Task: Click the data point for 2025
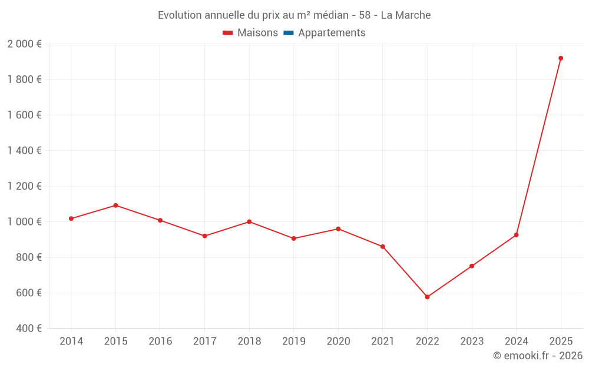point(561,58)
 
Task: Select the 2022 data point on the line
point(427,297)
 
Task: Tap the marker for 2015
point(115,205)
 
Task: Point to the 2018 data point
point(249,222)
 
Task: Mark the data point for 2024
point(517,235)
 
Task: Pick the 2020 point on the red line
point(338,229)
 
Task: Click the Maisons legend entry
point(257,33)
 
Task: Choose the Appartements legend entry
point(332,33)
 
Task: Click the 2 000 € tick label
point(24,44)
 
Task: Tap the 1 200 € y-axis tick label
point(24,186)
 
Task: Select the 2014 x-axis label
point(71,342)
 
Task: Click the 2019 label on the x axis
point(294,342)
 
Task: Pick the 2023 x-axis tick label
point(472,342)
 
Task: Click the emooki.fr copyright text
point(538,356)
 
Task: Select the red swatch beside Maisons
point(228,33)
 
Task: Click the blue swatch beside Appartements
point(289,33)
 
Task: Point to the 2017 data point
point(204,236)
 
